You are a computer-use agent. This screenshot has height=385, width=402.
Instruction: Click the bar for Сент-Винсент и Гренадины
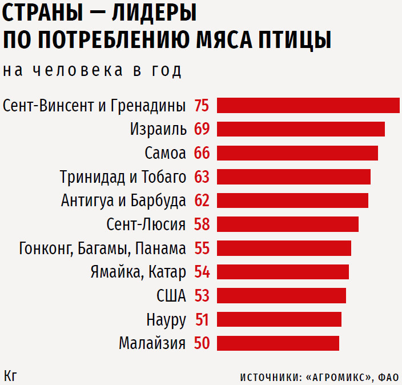pyautogui.click(x=308, y=106)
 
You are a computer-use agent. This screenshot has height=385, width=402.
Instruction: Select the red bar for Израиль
pyautogui.click(x=301, y=129)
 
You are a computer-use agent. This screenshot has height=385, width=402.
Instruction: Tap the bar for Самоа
pyautogui.click(x=298, y=153)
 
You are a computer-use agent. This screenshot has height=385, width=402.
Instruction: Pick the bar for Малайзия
pyautogui.click(x=278, y=343)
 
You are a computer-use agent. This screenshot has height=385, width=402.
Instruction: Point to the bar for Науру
pyautogui.click(x=279, y=319)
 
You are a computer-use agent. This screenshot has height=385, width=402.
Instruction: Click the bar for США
pyautogui.click(x=282, y=295)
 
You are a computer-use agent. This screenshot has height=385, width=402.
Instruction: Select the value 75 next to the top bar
pyautogui.click(x=202, y=106)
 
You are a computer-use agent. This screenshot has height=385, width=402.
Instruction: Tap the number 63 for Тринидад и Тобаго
pyautogui.click(x=202, y=177)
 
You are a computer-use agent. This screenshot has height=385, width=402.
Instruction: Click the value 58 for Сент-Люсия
pyautogui.click(x=202, y=224)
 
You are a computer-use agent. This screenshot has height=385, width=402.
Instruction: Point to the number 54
pyautogui.click(x=202, y=272)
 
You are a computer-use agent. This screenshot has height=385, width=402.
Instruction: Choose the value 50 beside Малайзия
pyautogui.click(x=202, y=343)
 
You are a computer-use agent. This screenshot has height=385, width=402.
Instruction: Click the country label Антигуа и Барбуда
pyautogui.click(x=123, y=201)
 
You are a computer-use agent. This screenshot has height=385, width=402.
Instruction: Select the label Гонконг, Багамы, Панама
pyautogui.click(x=102, y=249)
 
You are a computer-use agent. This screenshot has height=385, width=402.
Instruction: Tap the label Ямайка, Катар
pyautogui.click(x=138, y=272)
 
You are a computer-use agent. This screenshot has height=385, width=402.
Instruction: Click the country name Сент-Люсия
pyautogui.click(x=146, y=224)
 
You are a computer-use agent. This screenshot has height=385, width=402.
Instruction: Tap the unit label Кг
pyautogui.click(x=10, y=375)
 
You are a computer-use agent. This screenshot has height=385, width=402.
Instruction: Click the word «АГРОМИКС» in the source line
pyautogui.click(x=340, y=377)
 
